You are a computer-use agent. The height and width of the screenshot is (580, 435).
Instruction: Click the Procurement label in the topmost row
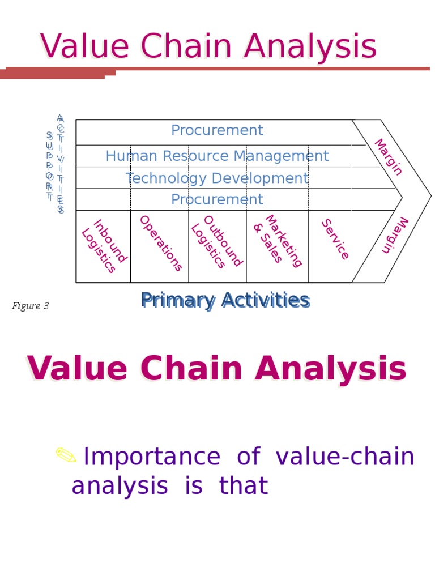pos(217,131)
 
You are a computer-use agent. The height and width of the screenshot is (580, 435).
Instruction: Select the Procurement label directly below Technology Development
pos(217,200)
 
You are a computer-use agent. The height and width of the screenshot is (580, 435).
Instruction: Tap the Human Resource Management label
pos(217,156)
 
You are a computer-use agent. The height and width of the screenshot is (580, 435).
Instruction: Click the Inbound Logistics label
pos(104,246)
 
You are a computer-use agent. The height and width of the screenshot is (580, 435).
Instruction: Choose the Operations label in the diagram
pos(161,243)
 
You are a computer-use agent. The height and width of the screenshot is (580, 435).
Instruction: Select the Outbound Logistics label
pos(216,243)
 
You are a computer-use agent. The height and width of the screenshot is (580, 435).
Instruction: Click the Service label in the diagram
pos(335,240)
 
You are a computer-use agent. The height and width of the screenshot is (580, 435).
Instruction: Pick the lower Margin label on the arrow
pos(395,235)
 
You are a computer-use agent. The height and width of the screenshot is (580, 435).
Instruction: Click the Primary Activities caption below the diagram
pos(225,300)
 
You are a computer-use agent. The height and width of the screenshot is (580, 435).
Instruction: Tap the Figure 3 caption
pos(30,306)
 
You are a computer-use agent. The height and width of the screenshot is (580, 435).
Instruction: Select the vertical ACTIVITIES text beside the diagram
pos(61,164)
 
